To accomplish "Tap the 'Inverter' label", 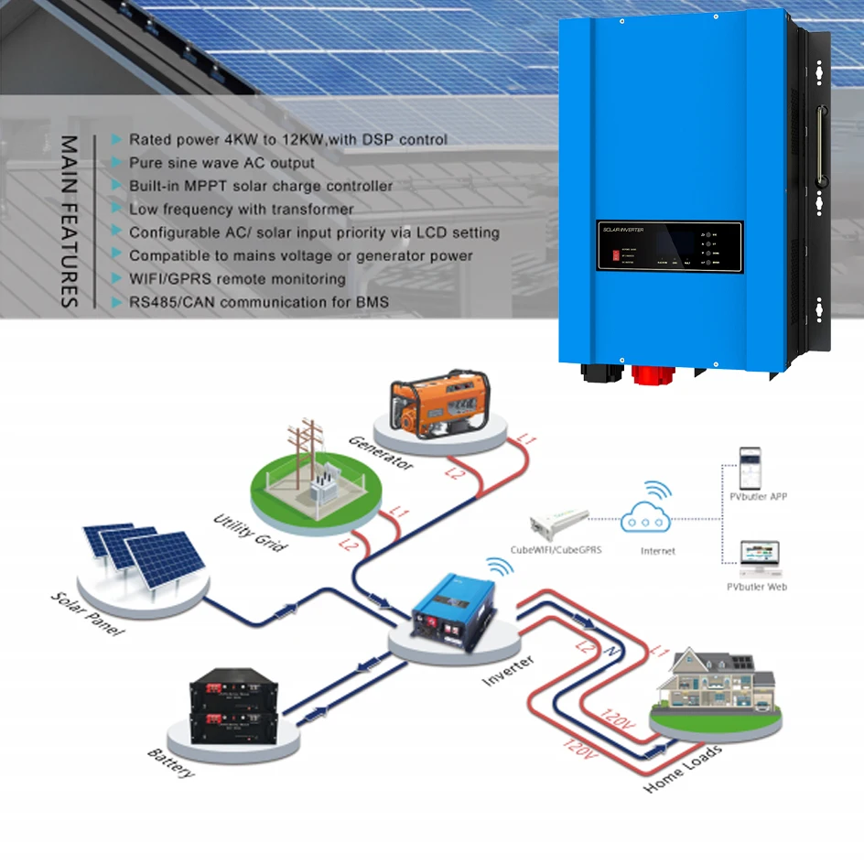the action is click(x=509, y=671).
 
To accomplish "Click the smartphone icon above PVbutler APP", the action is click(x=750, y=466).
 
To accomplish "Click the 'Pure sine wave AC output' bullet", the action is click(x=221, y=163).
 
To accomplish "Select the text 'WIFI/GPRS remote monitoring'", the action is click(x=237, y=278).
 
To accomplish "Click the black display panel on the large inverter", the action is click(x=669, y=245).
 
